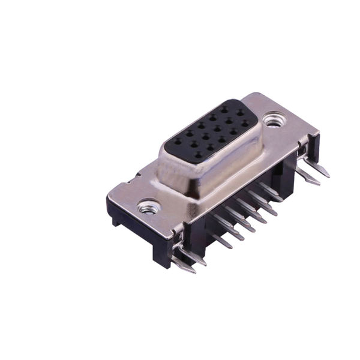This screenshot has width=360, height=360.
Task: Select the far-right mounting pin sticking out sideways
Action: coord(325,172)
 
